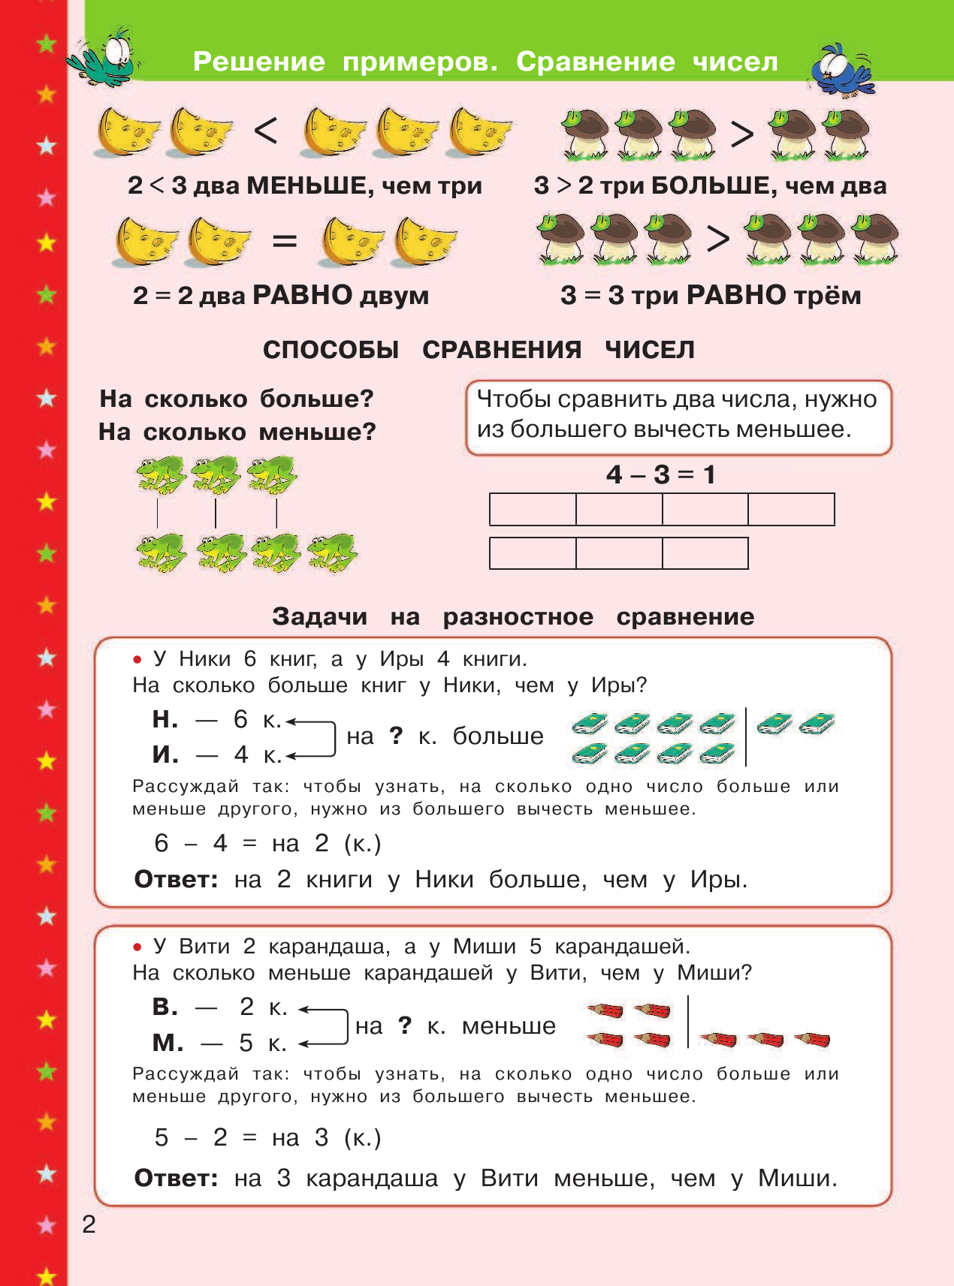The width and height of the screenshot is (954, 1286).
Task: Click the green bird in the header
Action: click(105, 57)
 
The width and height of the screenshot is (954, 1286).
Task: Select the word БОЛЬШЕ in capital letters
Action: click(713, 185)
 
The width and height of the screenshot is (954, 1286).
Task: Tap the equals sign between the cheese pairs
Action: click(284, 242)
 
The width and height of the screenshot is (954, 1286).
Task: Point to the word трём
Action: click(826, 296)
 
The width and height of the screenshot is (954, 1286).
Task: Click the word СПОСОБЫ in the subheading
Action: click(331, 350)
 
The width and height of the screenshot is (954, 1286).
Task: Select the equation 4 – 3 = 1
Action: click(660, 474)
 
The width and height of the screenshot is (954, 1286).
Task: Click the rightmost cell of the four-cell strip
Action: click(791, 509)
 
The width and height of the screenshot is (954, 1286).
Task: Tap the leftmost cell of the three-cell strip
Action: click(533, 553)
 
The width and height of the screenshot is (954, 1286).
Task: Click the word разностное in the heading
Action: click(518, 617)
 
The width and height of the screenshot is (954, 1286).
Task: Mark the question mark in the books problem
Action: click(396, 736)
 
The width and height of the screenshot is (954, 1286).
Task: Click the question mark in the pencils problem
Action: click(405, 1025)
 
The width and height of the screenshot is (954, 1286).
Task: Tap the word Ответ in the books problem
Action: click(176, 880)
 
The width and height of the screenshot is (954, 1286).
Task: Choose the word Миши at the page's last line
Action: click(796, 1179)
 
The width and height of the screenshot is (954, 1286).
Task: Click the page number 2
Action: click(89, 1224)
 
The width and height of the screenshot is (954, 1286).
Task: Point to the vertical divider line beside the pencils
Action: click(688, 1021)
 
